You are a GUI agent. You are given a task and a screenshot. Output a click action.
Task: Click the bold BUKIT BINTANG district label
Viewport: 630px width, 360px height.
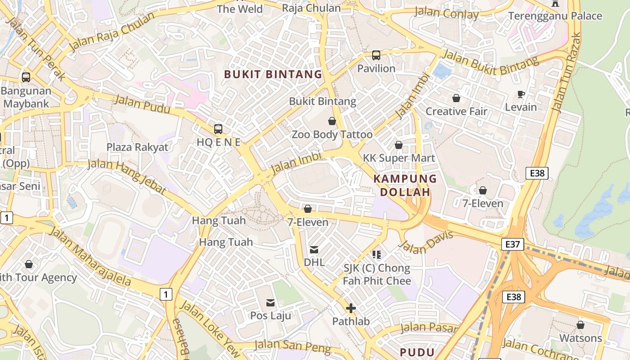click(x=273, y=74)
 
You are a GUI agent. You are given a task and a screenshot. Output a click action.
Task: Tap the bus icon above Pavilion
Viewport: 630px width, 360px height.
click(x=376, y=55)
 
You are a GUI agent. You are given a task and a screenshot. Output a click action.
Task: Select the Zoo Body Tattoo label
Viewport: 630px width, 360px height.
click(x=332, y=135)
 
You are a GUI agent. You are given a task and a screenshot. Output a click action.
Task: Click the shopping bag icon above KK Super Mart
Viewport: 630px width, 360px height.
click(x=399, y=145)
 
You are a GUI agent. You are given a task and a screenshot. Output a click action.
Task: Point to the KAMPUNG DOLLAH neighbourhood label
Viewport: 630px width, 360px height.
click(x=405, y=185)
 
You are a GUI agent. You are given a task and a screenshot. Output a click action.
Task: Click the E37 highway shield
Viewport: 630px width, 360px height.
click(x=513, y=244)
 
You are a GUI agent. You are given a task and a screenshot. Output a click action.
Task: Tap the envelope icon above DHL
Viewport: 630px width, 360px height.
click(x=314, y=249)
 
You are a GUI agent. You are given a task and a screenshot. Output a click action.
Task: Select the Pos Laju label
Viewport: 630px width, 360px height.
click(x=270, y=315)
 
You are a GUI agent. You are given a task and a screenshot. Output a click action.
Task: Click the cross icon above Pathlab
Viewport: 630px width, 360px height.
click(x=351, y=308)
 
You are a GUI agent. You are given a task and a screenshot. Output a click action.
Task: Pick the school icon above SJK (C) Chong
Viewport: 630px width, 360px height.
click(x=377, y=255)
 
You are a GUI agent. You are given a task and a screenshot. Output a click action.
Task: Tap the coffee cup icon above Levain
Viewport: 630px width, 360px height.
click(x=521, y=94)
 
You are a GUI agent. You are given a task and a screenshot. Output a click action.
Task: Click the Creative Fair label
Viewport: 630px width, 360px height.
click(x=456, y=111)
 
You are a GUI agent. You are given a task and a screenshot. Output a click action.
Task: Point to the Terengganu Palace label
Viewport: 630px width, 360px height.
click(x=555, y=16)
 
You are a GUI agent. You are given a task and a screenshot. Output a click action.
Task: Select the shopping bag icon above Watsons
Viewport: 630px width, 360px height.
click(x=580, y=325)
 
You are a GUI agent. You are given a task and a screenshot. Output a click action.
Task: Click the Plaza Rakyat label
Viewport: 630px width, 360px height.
click(x=137, y=147)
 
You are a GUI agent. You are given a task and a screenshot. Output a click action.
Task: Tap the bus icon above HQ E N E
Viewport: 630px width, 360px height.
click(x=218, y=129)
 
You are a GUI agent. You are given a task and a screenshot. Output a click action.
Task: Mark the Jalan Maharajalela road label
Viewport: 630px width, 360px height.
click(x=90, y=257)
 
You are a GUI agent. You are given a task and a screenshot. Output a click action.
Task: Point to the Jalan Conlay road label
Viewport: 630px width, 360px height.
click(x=446, y=13)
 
